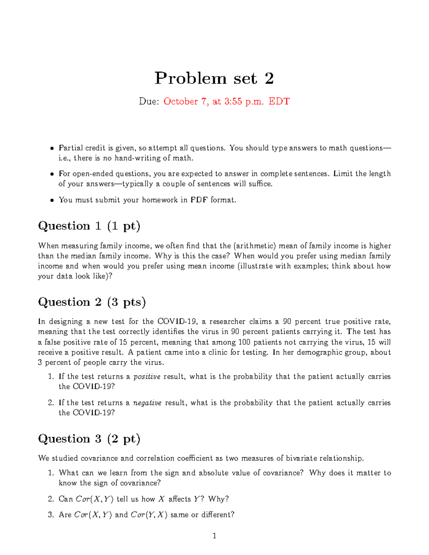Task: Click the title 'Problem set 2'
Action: [x=214, y=78]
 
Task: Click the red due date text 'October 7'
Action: [x=185, y=101]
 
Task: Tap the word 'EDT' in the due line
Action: [x=279, y=101]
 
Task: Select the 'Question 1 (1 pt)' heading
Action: [x=89, y=226]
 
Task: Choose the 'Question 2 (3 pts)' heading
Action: [x=92, y=302]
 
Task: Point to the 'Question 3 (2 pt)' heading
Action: [x=89, y=438]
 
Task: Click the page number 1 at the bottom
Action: [x=214, y=535]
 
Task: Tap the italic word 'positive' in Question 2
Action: [x=147, y=377]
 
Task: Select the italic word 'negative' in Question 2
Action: [x=147, y=403]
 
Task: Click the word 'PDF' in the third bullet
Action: [x=199, y=200]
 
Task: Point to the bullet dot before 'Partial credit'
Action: [x=52, y=148]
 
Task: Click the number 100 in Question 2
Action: [x=244, y=342]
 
